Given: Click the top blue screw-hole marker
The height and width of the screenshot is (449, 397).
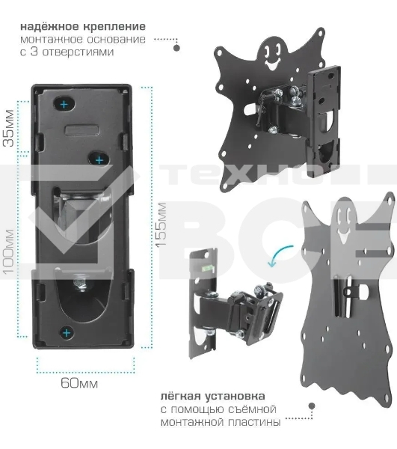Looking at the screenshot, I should (x=65, y=103).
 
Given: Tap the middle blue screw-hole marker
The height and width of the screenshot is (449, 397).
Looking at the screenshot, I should (x=98, y=159).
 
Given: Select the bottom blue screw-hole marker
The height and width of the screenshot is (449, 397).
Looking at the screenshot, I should (x=67, y=331).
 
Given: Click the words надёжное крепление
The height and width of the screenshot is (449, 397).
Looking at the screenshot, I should (x=83, y=26).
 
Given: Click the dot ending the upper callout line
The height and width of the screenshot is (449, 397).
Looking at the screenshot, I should (x=176, y=48).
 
